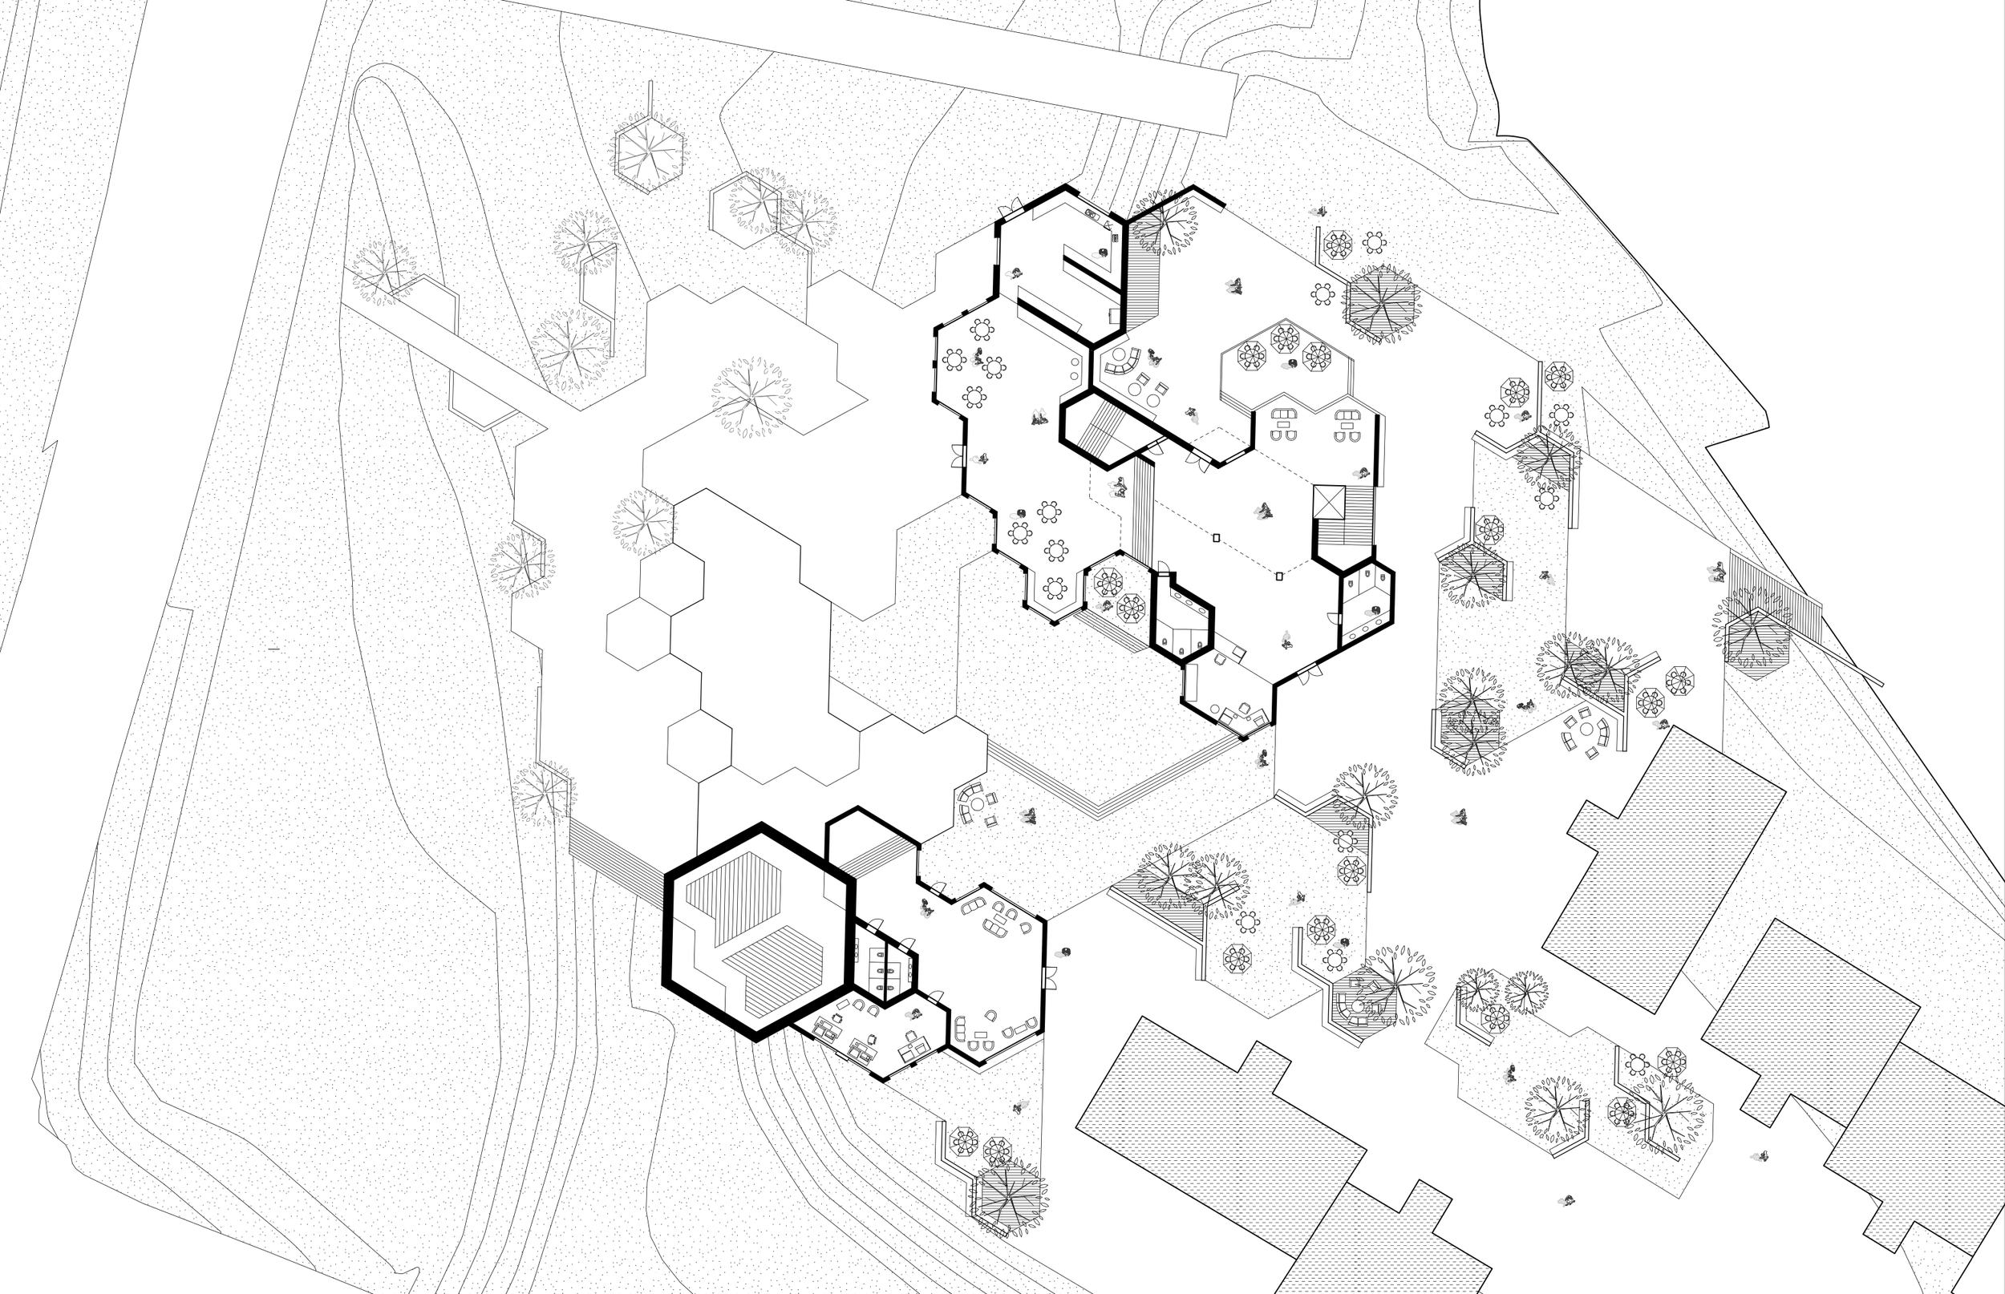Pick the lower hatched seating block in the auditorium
[773, 968]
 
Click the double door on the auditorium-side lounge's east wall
[1049, 977]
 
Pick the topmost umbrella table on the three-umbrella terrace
[1285, 338]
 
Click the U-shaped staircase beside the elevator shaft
[1344, 521]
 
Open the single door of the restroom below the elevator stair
[1333, 617]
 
